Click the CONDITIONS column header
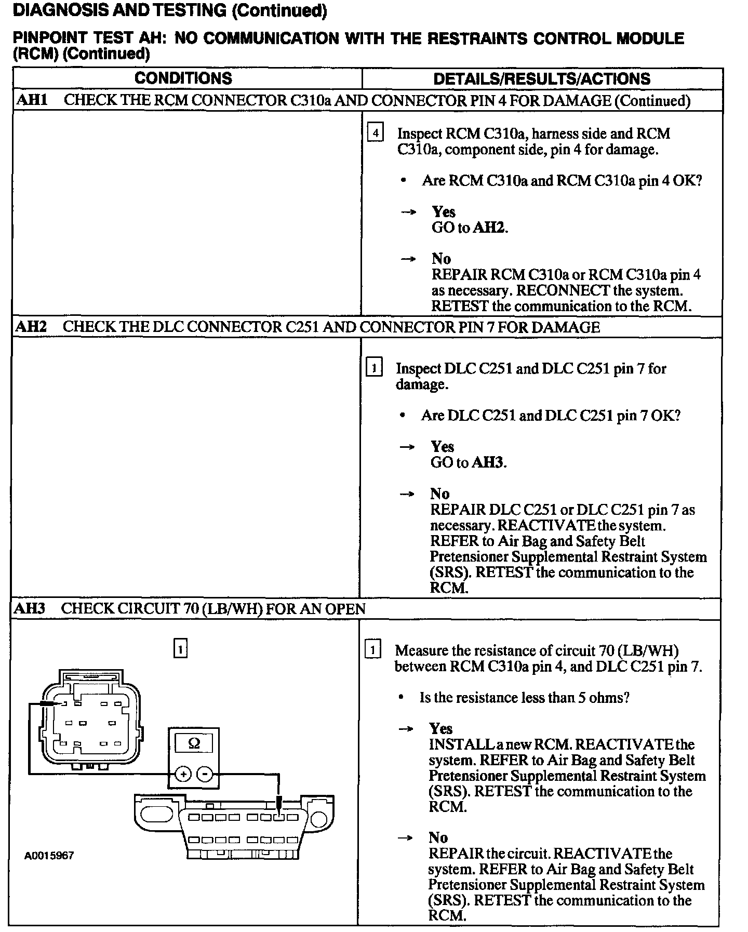(183, 78)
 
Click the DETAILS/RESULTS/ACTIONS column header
(541, 79)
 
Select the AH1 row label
(32, 100)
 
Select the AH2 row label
(31, 327)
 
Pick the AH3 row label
(30, 609)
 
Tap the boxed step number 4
(375, 133)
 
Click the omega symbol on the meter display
(193, 743)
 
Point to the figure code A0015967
(49, 855)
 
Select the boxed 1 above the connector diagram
(180, 649)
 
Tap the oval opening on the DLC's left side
(157, 814)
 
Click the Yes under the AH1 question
(443, 211)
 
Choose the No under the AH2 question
(439, 494)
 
